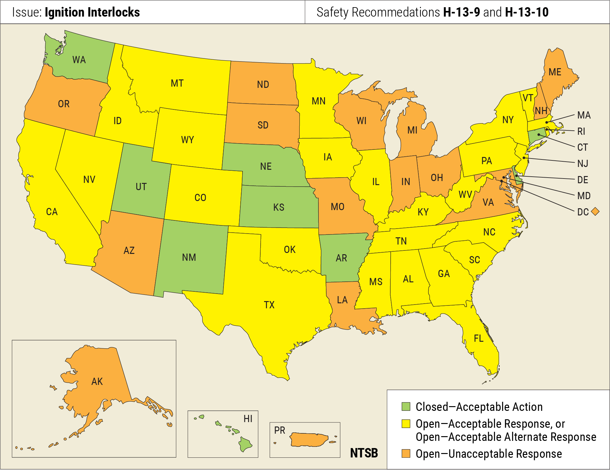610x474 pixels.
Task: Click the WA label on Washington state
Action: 79,60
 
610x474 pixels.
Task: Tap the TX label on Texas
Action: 269,305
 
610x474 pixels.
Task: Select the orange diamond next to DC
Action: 595,212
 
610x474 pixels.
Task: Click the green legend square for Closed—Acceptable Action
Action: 406,406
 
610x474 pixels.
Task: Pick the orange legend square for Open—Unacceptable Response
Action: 406,454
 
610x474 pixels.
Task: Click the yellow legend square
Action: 406,424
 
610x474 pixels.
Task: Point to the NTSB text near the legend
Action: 364,453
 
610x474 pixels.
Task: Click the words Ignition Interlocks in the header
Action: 92,12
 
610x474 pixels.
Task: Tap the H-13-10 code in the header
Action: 527,12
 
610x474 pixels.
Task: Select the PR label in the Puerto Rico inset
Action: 279,431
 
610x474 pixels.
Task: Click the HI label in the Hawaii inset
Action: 248,419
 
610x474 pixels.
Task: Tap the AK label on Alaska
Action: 97,381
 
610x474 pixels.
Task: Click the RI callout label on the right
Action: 581,131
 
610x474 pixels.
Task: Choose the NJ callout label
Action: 582,164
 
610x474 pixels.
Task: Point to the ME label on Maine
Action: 555,72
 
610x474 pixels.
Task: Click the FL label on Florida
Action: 478,338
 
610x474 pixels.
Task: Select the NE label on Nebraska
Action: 266,166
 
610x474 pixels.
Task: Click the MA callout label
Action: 584,115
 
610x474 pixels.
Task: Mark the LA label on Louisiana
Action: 342,300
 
